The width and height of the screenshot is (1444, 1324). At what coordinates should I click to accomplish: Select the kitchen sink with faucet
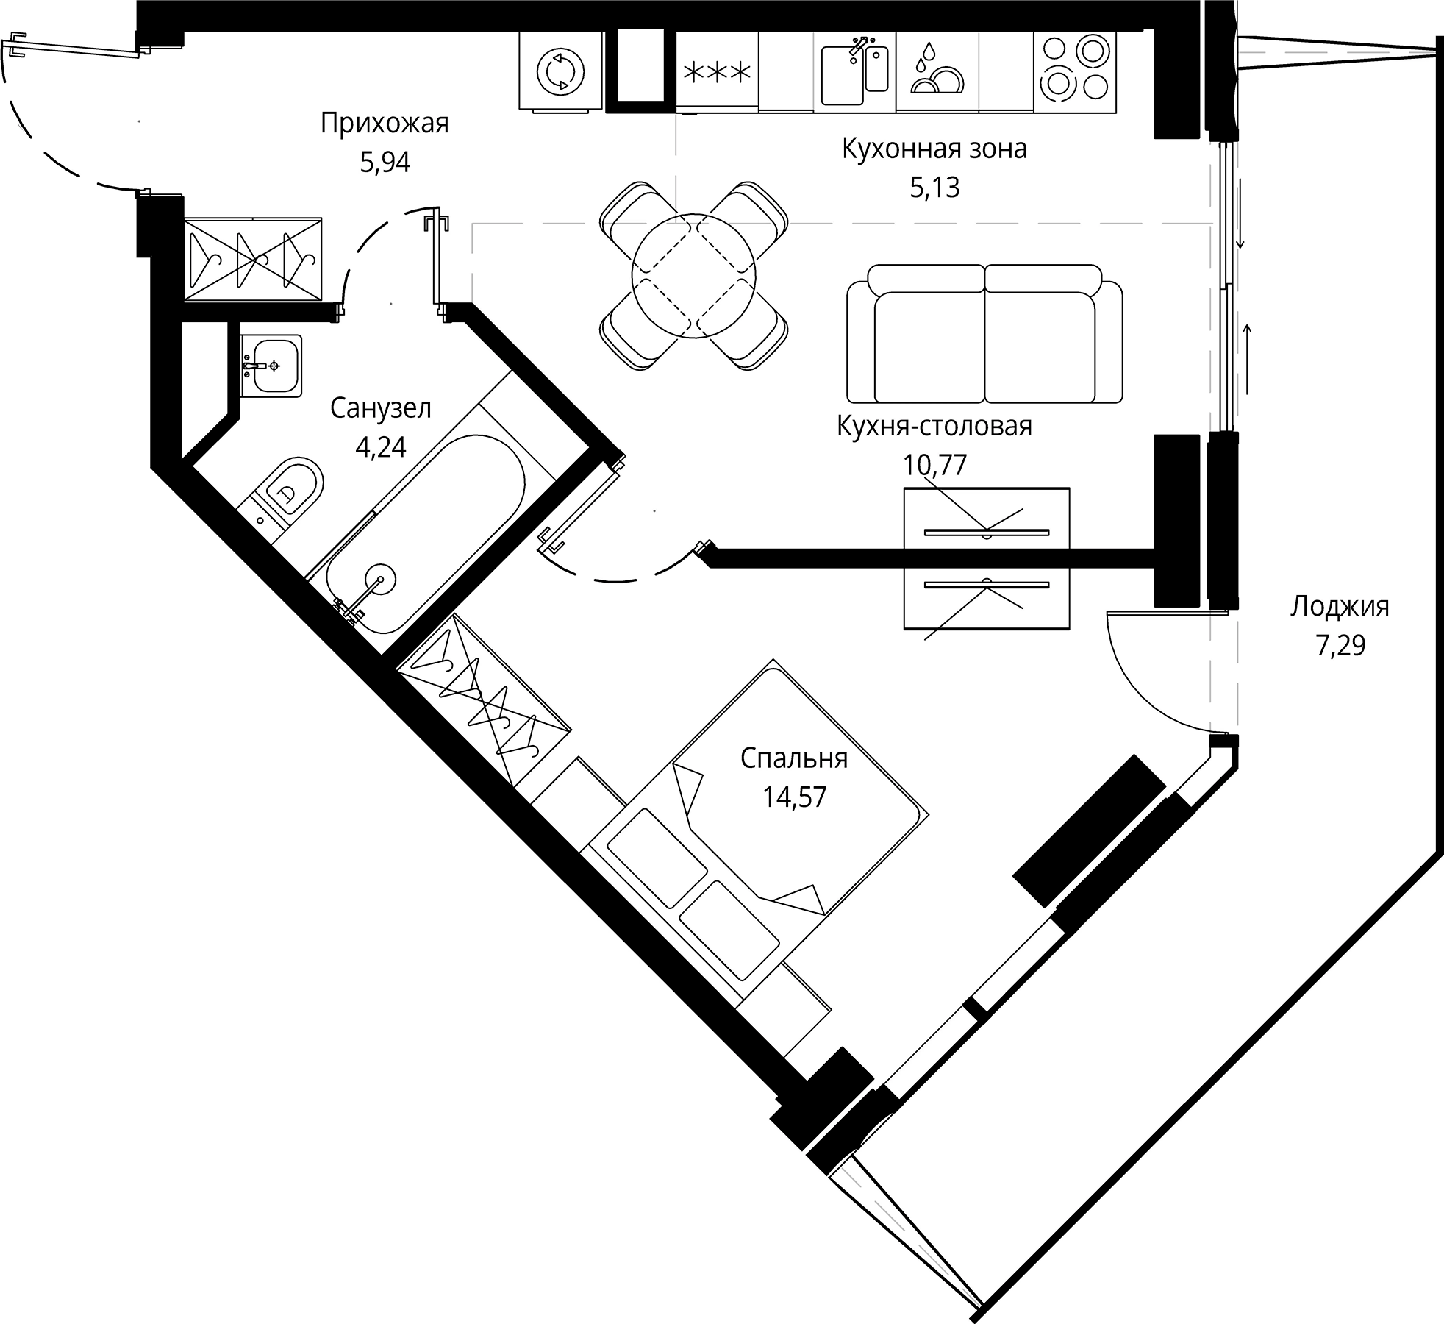854,71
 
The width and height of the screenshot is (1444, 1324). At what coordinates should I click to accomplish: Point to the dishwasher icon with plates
937,71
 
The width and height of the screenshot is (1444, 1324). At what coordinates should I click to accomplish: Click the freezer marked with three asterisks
717,72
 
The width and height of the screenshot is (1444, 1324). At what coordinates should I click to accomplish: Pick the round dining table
693,276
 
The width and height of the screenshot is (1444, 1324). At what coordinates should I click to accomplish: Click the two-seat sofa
984,335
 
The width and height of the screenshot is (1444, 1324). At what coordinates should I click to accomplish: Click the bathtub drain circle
380,579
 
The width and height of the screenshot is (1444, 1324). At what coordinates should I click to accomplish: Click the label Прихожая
384,124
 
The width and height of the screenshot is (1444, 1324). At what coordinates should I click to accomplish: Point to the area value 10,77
934,465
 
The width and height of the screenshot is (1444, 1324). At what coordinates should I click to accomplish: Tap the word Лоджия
1340,607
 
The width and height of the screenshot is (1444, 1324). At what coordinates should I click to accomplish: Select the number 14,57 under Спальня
794,797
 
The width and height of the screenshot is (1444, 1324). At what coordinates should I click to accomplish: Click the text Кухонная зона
934,149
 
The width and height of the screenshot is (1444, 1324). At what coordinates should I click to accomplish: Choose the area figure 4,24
380,447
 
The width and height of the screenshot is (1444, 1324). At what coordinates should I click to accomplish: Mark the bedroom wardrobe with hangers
484,699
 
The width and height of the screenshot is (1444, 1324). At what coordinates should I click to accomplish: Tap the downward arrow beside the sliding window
1240,213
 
